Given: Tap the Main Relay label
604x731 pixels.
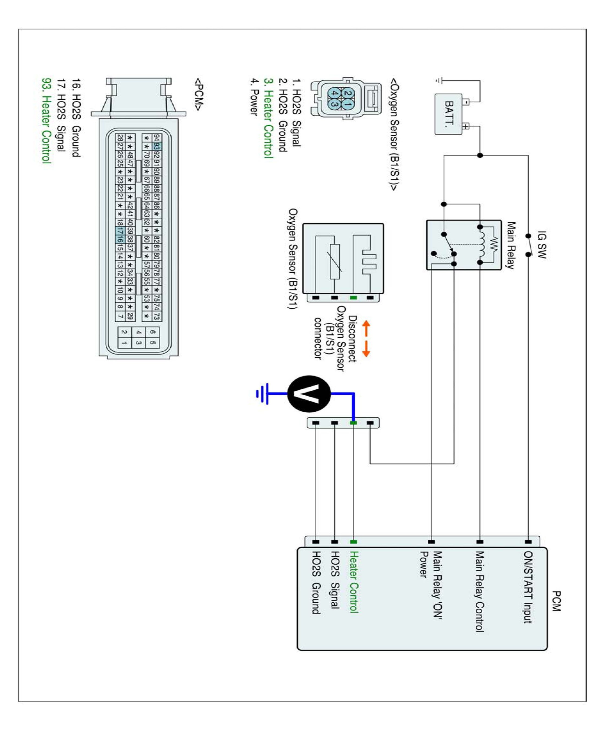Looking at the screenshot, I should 510,245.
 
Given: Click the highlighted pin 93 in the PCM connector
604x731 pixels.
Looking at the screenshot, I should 157,146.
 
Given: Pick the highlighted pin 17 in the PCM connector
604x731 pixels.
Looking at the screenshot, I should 119,231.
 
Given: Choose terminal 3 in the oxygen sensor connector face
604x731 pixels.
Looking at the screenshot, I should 334,104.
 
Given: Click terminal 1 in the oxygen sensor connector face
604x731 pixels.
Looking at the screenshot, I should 348,104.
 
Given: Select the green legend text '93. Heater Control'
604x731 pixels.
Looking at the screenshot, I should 46,120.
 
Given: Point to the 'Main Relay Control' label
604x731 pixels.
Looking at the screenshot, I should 479,591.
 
